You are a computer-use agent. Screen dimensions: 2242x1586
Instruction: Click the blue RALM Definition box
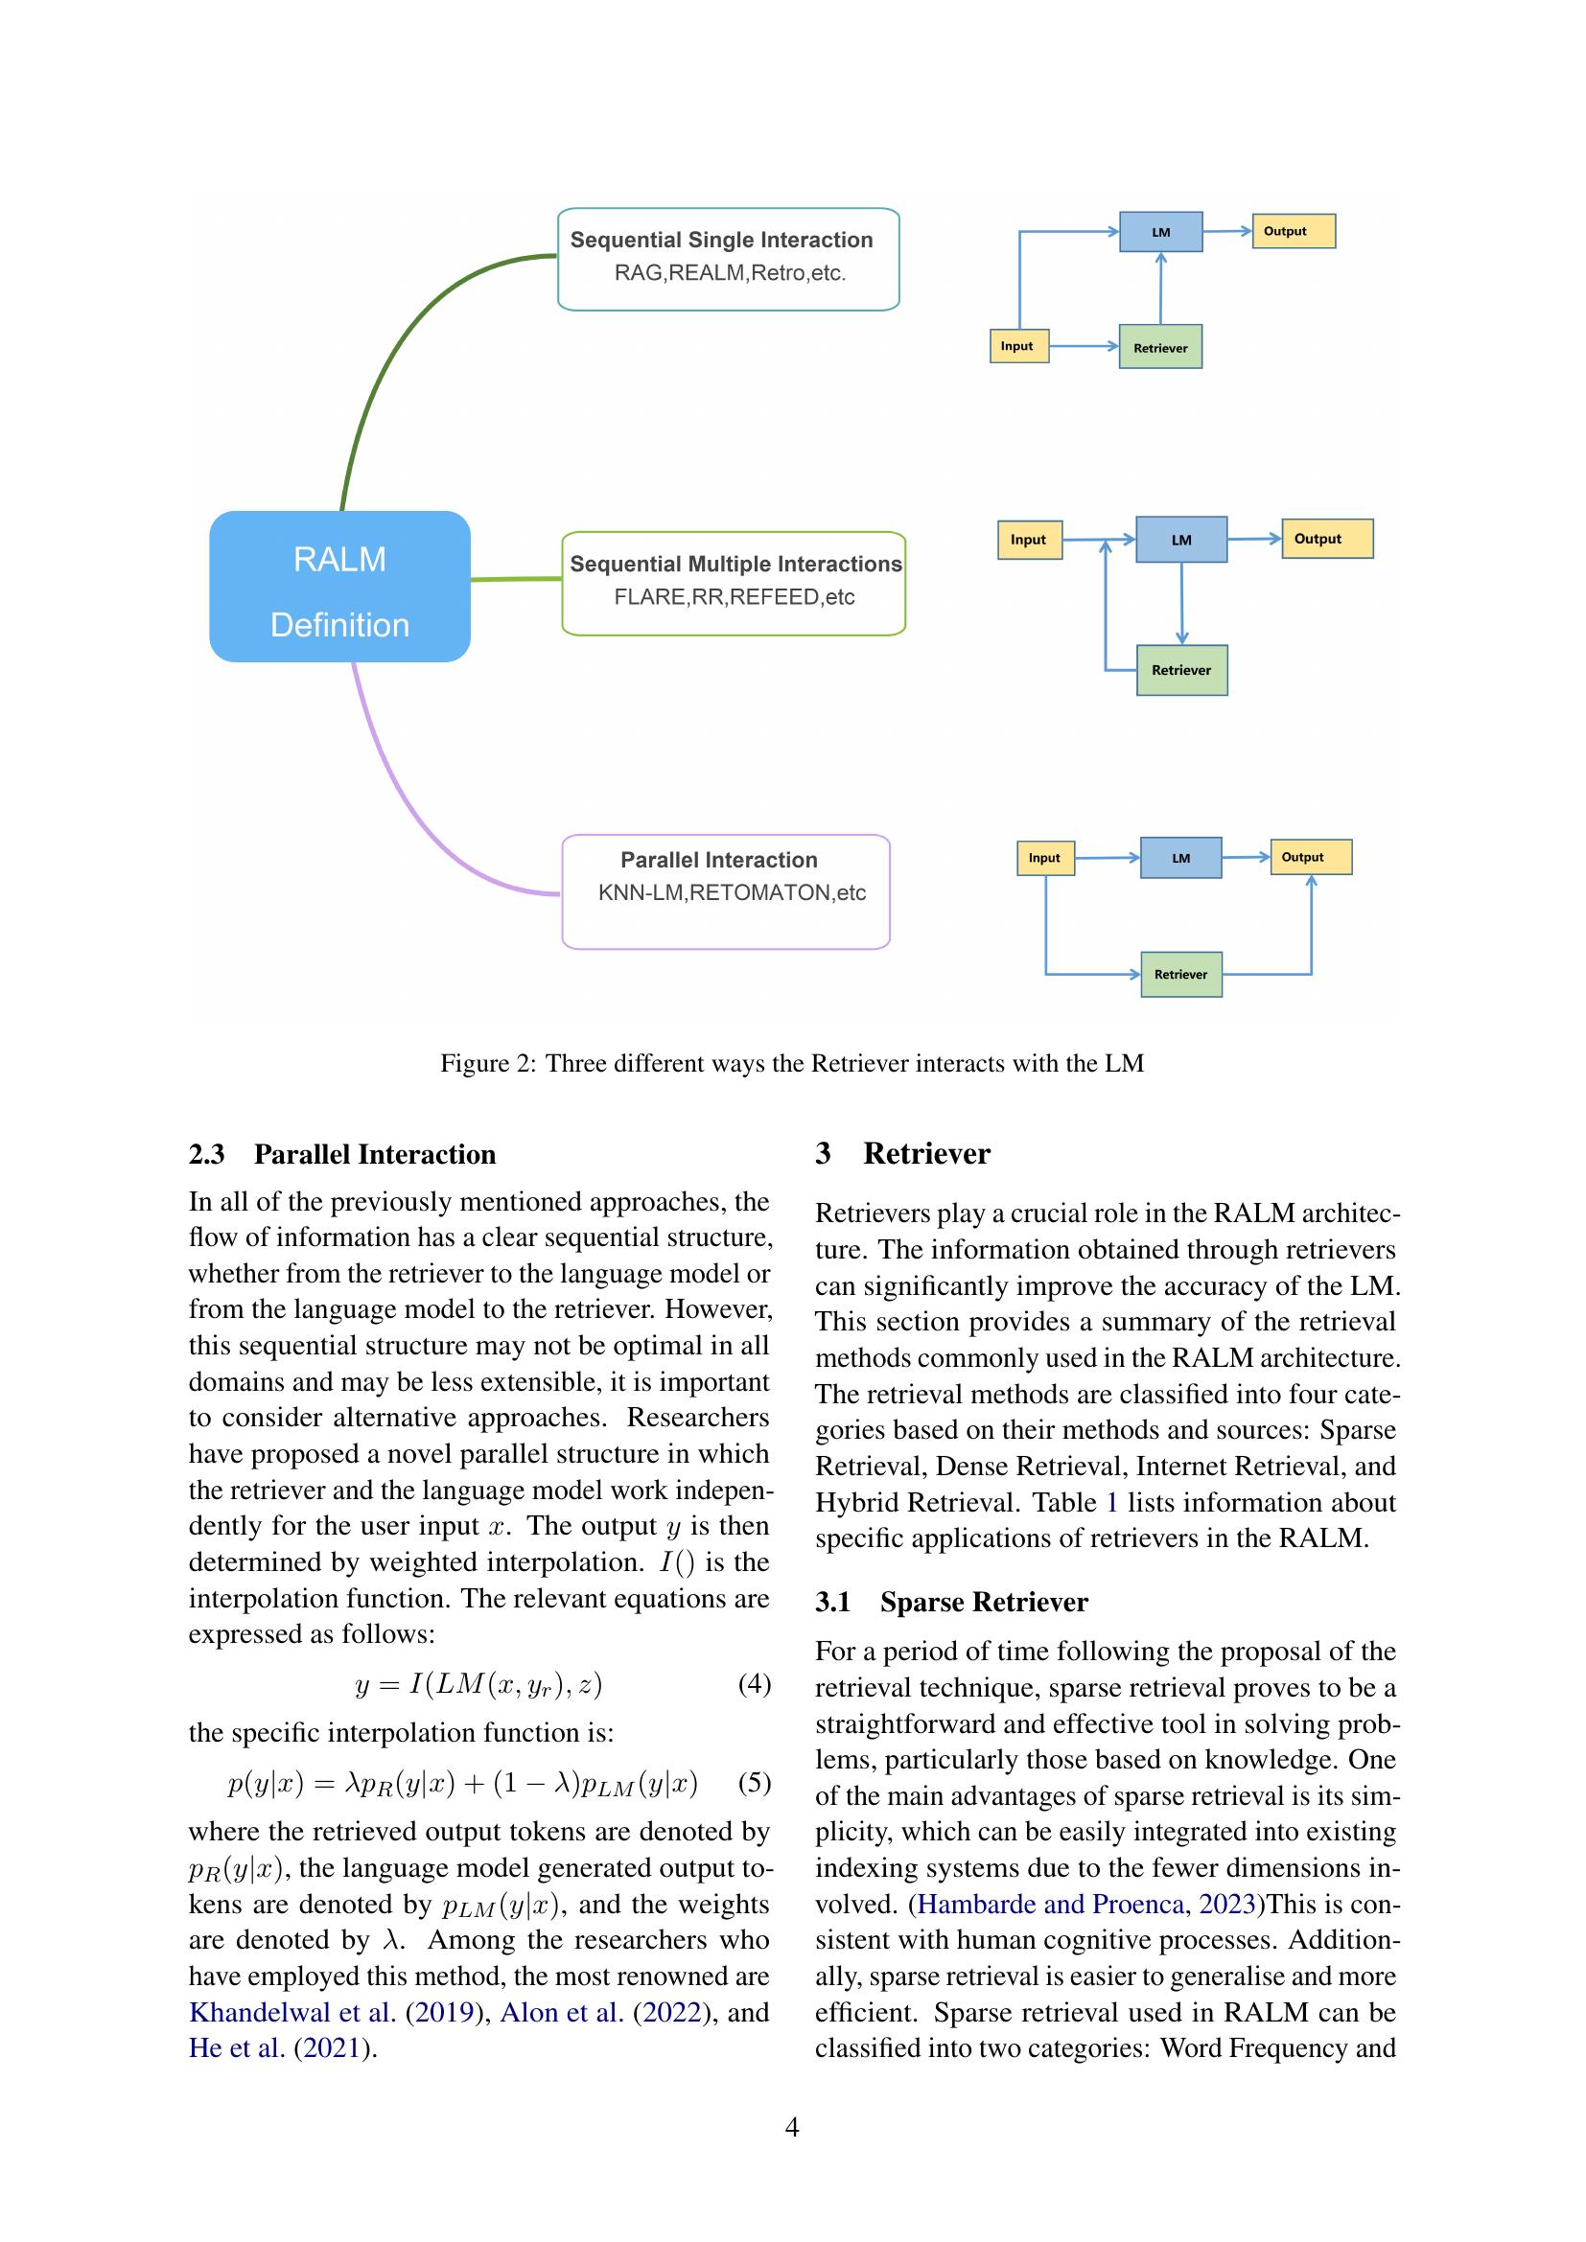pos(338,586)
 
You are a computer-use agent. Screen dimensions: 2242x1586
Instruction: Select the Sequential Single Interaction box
pos(728,259)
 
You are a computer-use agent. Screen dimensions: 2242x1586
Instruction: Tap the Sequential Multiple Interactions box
pos(734,583)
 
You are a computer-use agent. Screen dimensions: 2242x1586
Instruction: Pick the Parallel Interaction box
pos(726,890)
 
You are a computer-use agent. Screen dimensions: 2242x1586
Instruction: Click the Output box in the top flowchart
pos(1293,231)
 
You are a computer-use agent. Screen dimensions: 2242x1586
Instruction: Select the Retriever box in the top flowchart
pos(1160,347)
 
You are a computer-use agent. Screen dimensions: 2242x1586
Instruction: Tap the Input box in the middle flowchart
pos(1029,539)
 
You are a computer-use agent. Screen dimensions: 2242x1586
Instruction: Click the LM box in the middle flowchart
pos(1180,540)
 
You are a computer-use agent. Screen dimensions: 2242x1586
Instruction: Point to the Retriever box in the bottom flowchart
pos(1180,975)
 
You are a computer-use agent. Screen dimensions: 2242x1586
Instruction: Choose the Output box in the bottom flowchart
pos(1310,856)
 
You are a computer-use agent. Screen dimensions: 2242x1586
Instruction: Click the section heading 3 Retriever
pos(902,1153)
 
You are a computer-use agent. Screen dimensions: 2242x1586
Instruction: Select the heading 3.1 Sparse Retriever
pos(951,1602)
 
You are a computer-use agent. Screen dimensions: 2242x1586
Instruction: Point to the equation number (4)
pos(754,1683)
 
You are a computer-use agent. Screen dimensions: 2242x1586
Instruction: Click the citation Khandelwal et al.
pos(292,2012)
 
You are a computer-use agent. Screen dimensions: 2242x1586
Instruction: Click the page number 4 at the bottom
pos(792,2127)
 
